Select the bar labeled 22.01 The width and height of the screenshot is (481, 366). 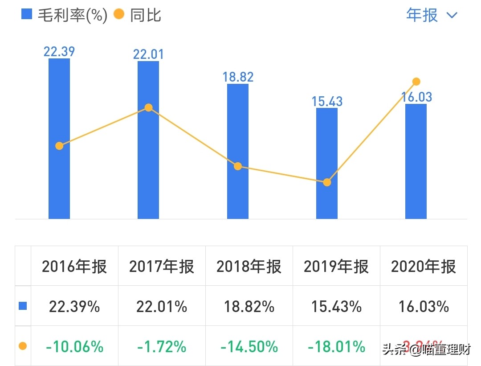point(148,178)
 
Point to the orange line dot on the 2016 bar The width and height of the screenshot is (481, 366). point(59,146)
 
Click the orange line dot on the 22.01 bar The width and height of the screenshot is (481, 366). point(149,107)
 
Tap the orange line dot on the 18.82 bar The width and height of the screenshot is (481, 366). point(238,166)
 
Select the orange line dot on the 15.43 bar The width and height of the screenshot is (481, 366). point(327,182)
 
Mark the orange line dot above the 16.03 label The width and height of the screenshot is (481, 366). point(416,82)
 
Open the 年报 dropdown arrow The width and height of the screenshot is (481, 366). point(452,15)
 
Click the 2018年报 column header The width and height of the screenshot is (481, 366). point(249,267)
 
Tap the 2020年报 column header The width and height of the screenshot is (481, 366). point(424,267)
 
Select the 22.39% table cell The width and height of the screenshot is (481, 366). point(74,307)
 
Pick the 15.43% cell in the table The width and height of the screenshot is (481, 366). point(336,307)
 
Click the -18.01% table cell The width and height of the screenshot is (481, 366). point(336,346)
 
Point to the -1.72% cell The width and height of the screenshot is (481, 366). point(162,346)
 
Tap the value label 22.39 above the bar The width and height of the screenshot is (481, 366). point(59,51)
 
